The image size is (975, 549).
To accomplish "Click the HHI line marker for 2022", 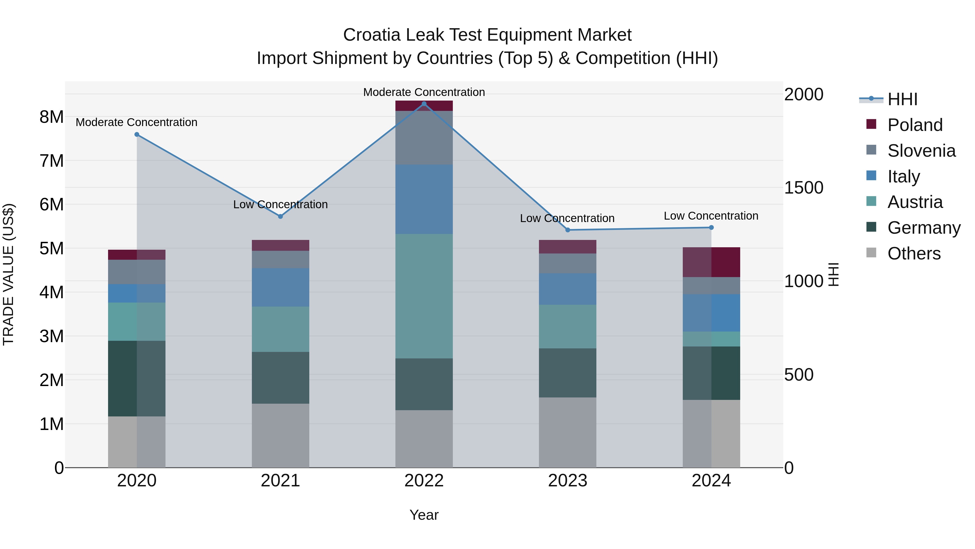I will coord(424,104).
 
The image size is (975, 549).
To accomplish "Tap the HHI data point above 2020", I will coord(137,134).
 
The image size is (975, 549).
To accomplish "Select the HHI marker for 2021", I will coord(281,216).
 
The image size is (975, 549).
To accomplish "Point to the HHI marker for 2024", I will coord(711,227).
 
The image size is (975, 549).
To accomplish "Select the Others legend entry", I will coord(914,253).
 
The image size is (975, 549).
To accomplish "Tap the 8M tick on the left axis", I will coord(51,117).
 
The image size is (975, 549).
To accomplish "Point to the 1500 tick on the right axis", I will coord(803,188).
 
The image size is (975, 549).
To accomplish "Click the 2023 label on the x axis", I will coord(567,481).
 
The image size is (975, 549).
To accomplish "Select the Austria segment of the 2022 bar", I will coord(424,296).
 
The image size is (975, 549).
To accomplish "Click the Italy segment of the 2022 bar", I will coord(424,199).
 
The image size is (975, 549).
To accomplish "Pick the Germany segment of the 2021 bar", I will coord(281,377).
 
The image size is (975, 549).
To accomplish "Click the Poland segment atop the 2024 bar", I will coord(711,262).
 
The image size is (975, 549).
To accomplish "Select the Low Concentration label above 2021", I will coord(281,205).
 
